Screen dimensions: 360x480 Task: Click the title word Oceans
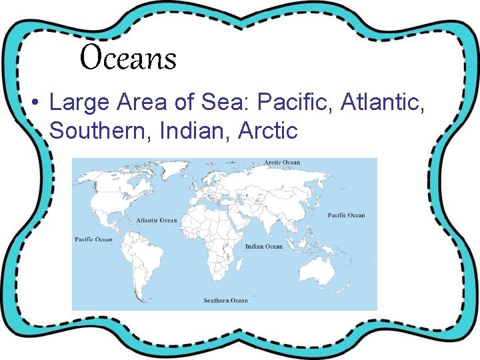128,58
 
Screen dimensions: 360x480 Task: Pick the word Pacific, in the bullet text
295,103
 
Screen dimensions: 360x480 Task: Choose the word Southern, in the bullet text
102,131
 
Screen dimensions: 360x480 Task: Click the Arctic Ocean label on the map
282,162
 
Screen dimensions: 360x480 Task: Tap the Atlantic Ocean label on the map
157,220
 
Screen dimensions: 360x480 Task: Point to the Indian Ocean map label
264,247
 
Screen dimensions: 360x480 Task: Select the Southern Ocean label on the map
225,301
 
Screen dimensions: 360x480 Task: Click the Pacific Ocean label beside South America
93,239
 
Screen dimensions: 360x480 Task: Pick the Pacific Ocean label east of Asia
347,215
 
